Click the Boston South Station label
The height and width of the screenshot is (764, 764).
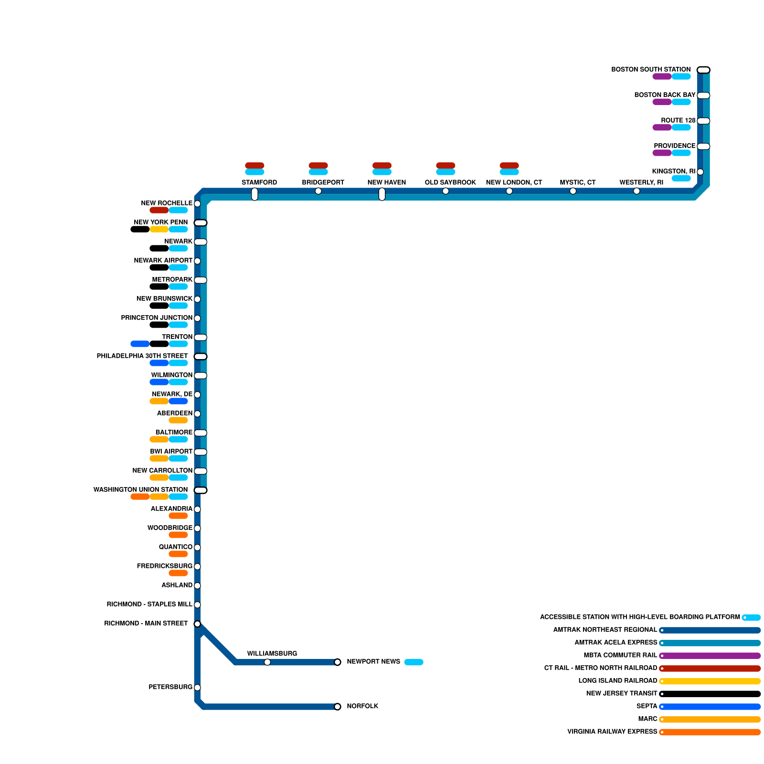coord(651,70)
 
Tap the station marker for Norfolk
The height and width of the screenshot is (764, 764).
coord(338,707)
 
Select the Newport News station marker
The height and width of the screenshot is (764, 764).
coord(338,662)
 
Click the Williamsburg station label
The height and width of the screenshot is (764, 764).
coord(272,654)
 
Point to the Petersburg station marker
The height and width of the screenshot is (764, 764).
coord(197,688)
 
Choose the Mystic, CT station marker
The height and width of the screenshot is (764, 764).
coord(573,191)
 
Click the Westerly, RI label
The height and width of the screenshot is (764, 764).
coord(641,182)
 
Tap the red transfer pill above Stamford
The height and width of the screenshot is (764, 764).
coord(255,166)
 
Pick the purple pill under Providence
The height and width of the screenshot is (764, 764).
coord(662,153)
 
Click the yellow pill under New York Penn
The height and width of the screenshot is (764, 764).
coord(159,230)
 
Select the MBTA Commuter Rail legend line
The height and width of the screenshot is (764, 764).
coord(710,656)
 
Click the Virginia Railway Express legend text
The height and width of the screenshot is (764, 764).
coord(612,732)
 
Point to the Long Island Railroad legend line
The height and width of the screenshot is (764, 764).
coord(710,681)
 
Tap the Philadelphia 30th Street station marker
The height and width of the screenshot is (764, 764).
coord(201,357)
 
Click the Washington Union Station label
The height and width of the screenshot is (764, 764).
coord(140,490)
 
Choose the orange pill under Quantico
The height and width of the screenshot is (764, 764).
coord(178,554)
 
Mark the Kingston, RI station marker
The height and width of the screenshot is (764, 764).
coord(700,172)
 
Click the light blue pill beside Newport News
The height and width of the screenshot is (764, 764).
coord(414,662)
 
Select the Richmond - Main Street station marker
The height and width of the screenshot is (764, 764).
coord(197,624)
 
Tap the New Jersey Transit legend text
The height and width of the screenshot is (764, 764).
coord(622,694)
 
